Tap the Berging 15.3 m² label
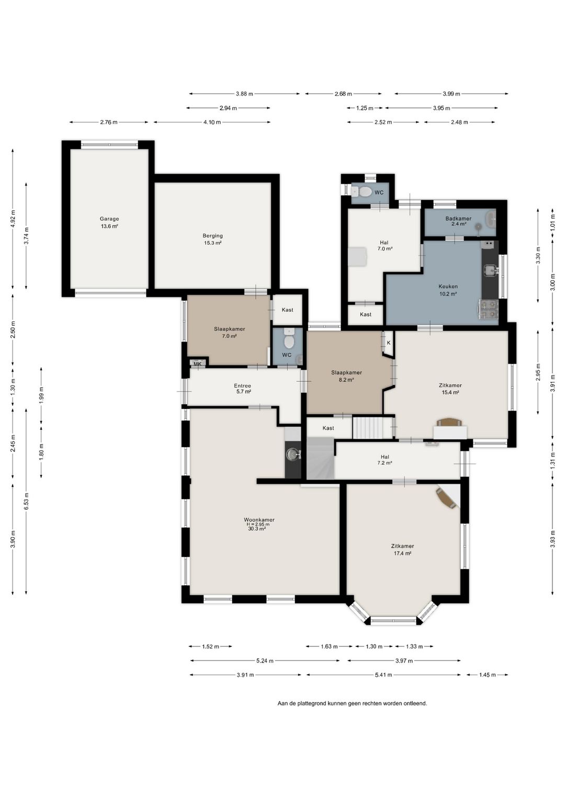(x=212, y=239)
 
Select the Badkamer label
(x=458, y=219)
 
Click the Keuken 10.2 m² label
(x=448, y=290)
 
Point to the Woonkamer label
(x=259, y=520)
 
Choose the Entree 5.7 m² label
(x=242, y=389)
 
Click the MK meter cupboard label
(x=197, y=364)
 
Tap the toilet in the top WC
(x=361, y=192)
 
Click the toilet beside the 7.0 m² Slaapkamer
(x=289, y=340)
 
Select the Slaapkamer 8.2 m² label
(x=346, y=376)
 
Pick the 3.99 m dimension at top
(x=451, y=94)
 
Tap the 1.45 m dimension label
(x=487, y=675)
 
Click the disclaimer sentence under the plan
(x=352, y=703)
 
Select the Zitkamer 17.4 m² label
(x=402, y=550)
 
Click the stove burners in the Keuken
(x=489, y=309)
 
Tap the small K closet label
(x=389, y=343)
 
